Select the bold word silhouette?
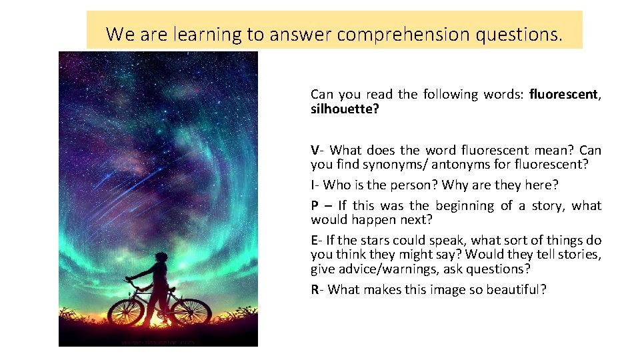click(x=345, y=108)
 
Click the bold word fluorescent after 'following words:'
click(x=564, y=94)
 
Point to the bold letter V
click(x=315, y=150)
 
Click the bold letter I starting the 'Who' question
click(x=313, y=185)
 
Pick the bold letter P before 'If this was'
click(x=315, y=206)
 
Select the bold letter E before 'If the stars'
click(x=314, y=241)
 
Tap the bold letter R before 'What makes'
click(x=315, y=289)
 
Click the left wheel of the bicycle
click(x=126, y=311)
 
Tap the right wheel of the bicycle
click(x=192, y=311)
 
